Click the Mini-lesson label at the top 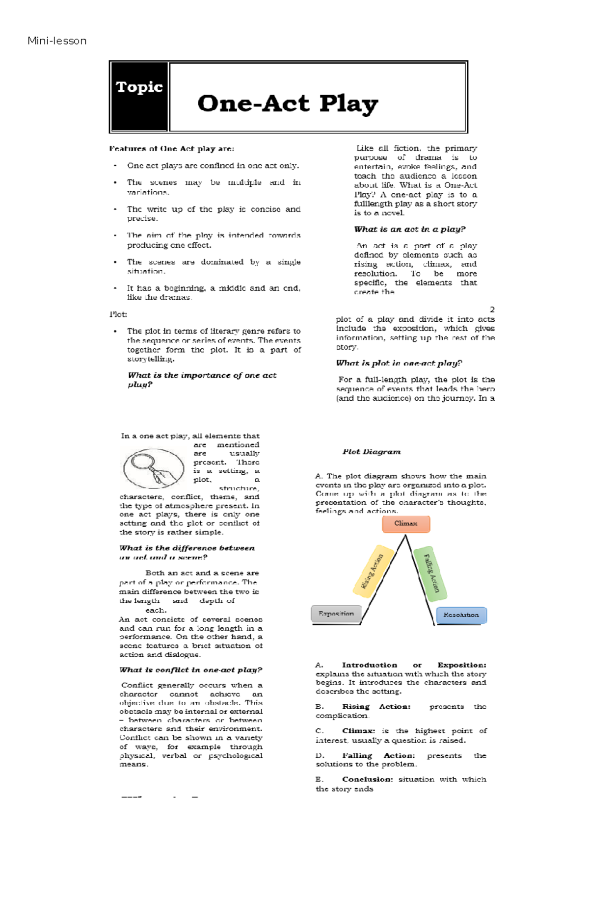tap(57, 41)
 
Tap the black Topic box tap(139, 97)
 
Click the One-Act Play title tap(288, 103)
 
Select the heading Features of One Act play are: tap(171, 149)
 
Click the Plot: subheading tap(118, 314)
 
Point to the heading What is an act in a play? tap(410, 229)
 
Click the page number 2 tap(492, 309)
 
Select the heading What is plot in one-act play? tap(399, 363)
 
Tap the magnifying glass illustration tap(153, 468)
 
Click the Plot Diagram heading tap(372, 452)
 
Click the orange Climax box tap(406, 524)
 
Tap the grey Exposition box tap(336, 614)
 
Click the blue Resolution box tap(461, 615)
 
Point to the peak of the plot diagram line tap(405, 536)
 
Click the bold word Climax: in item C tap(358, 731)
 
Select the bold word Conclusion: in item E tap(368, 779)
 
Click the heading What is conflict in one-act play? tap(190, 670)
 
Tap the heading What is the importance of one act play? tap(202, 380)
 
